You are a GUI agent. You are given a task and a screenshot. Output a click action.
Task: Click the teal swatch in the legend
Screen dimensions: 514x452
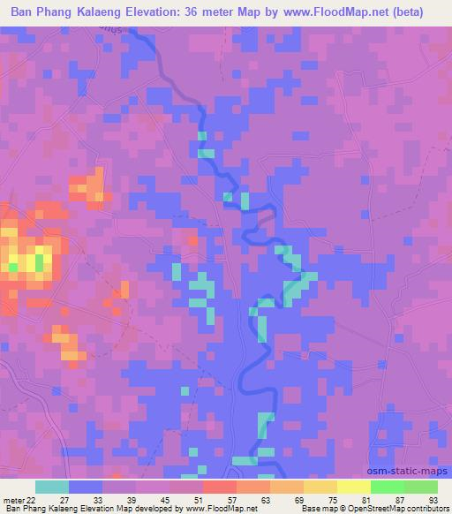[52, 487]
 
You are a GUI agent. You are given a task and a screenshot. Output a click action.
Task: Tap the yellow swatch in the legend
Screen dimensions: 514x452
[353, 487]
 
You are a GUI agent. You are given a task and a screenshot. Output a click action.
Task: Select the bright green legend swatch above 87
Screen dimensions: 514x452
[387, 487]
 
